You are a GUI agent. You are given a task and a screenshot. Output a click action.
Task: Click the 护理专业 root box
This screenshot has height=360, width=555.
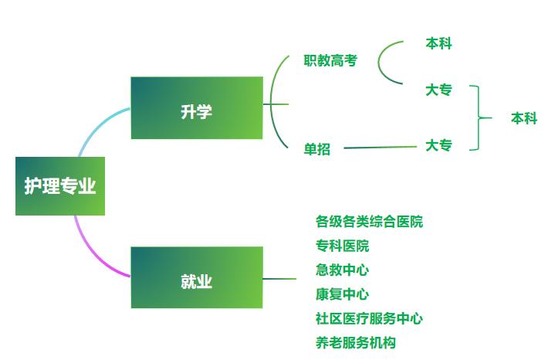click(59, 186)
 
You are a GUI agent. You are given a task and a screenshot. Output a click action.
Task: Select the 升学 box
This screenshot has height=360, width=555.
click(197, 108)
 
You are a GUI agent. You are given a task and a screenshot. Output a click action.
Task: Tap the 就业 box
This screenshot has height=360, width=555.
click(197, 278)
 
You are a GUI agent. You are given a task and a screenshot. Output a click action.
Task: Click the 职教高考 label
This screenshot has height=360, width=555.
click(329, 60)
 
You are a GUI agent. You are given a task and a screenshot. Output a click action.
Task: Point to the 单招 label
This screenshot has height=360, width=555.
click(316, 149)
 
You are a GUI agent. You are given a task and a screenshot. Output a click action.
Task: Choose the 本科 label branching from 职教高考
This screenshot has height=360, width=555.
click(438, 44)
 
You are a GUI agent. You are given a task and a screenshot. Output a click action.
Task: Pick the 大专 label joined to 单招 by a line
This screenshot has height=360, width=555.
click(438, 144)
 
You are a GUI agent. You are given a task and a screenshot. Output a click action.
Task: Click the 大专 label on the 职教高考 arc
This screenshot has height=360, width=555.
click(438, 90)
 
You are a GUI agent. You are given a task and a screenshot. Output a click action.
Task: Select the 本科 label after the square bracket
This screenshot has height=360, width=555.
click(524, 118)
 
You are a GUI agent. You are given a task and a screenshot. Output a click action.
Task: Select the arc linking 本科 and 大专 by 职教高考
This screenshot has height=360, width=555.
click(380, 62)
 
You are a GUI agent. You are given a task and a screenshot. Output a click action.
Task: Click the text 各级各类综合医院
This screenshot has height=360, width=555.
click(369, 222)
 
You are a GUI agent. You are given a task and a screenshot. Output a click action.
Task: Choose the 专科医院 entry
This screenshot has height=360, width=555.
click(342, 246)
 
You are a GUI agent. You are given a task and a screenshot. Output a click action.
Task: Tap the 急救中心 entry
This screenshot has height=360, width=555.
click(342, 270)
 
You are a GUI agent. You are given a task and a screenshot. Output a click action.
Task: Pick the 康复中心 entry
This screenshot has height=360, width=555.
click(342, 294)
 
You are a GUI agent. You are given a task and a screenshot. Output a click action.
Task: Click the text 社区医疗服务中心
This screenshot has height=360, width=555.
click(369, 318)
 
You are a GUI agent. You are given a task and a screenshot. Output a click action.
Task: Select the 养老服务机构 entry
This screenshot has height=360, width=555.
click(356, 341)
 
